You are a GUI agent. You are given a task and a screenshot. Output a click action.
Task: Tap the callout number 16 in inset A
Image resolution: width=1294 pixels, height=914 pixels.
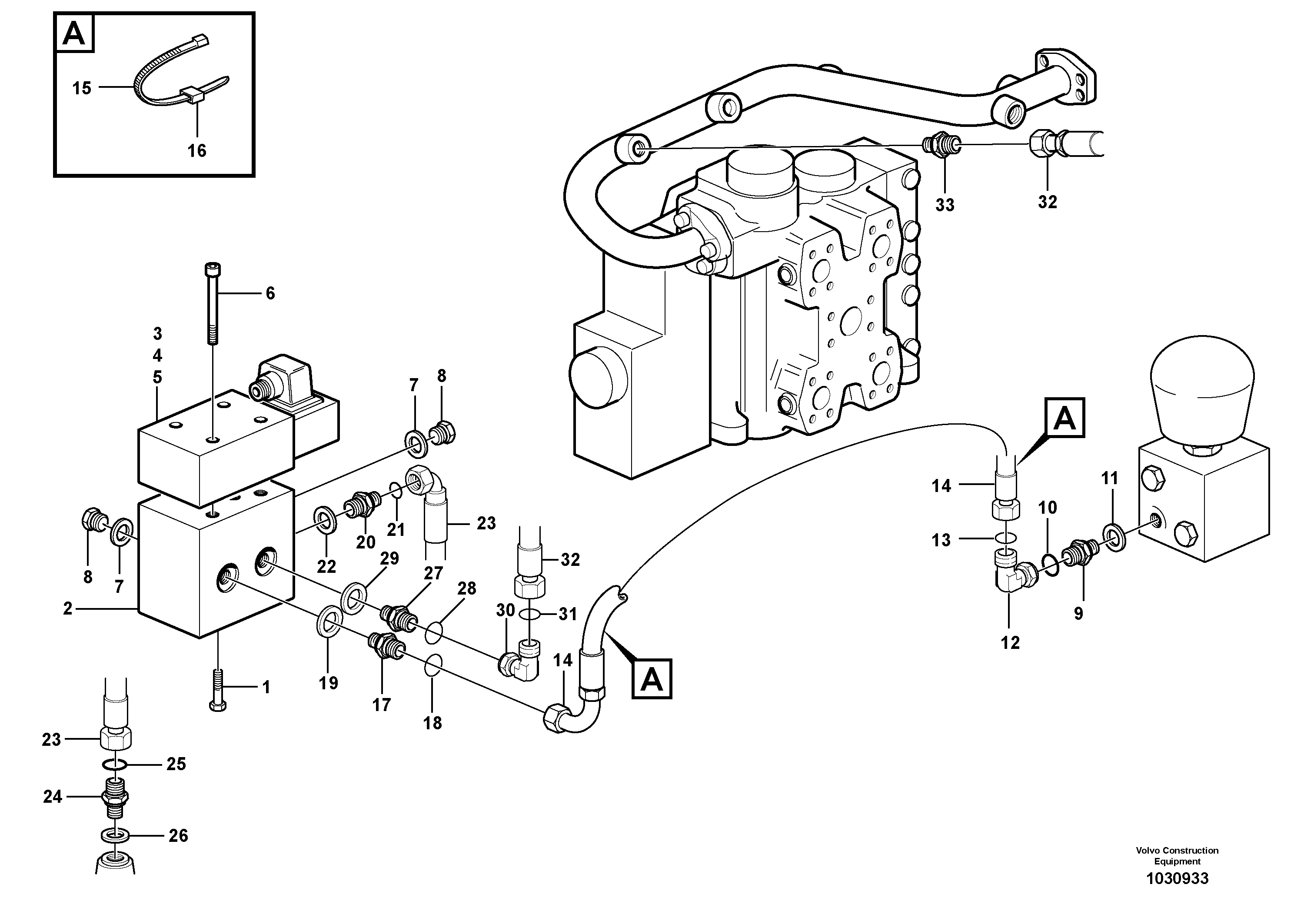tap(197, 150)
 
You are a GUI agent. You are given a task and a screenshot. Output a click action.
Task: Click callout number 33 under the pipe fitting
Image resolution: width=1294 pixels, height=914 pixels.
tap(945, 205)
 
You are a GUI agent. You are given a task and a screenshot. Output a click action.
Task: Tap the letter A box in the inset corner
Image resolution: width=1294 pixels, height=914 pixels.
tap(74, 34)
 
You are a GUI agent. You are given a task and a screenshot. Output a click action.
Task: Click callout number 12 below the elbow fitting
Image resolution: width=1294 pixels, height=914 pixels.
tap(1010, 642)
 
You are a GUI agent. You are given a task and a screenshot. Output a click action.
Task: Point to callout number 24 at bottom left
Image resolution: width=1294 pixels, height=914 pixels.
tap(53, 796)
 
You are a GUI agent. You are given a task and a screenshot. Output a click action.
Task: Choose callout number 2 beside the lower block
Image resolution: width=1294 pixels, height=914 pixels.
tap(68, 608)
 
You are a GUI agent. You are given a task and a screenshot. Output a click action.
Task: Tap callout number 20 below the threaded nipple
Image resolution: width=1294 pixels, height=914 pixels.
tap(365, 542)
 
